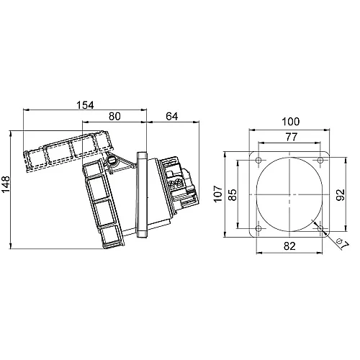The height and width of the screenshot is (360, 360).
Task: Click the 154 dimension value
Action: (85, 105)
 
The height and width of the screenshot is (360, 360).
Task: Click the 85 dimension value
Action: (233, 194)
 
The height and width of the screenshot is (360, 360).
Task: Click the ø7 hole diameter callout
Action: (342, 243)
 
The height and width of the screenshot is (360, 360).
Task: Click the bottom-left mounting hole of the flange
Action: (257, 229)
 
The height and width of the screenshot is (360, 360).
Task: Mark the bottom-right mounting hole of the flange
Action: (319, 229)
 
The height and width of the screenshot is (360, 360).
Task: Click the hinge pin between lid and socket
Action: (112, 161)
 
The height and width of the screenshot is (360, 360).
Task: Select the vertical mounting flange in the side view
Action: (142, 194)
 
